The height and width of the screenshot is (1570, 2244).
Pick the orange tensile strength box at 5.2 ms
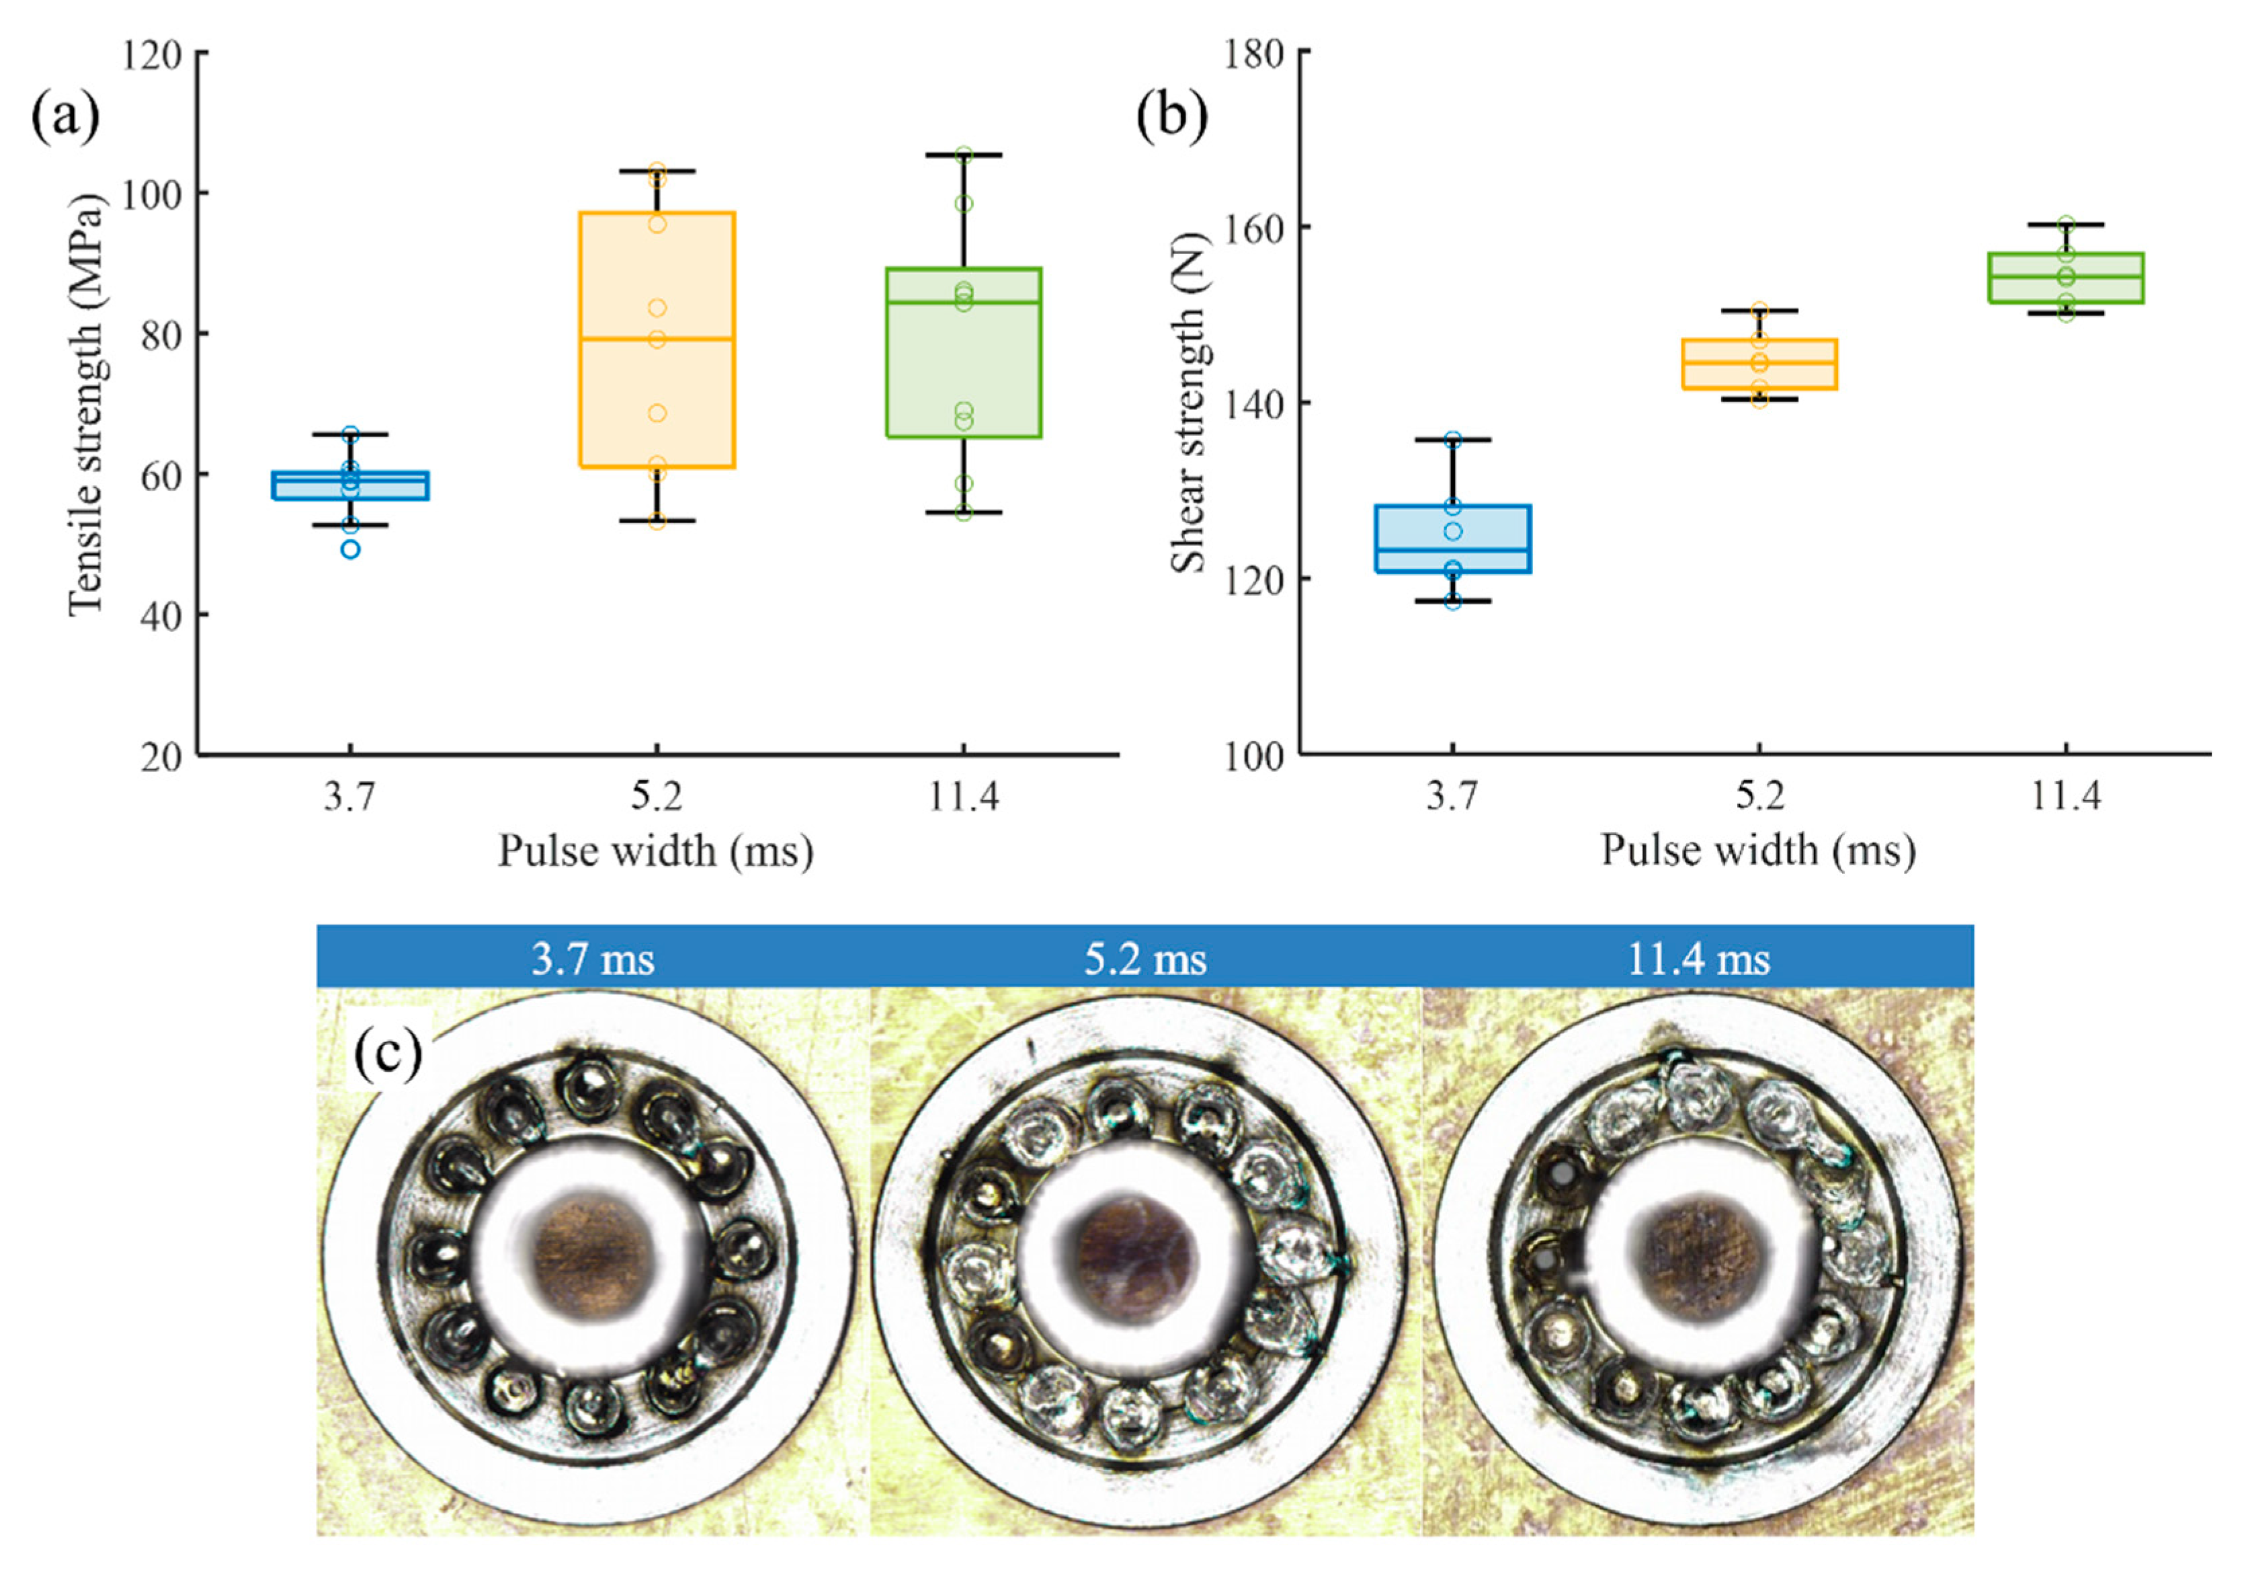click(657, 340)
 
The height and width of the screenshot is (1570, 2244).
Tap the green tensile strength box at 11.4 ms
click(964, 352)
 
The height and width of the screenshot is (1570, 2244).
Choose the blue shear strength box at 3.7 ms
click(1452, 539)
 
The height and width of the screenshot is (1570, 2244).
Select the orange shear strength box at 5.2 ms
click(1759, 364)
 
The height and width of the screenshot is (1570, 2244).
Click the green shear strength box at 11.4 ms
click(2065, 278)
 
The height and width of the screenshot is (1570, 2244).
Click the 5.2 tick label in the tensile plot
click(657, 797)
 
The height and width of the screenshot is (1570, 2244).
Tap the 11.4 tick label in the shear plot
click(2065, 797)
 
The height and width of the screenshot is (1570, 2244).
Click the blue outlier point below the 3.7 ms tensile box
click(350, 549)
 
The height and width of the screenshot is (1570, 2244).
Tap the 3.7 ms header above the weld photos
click(593, 959)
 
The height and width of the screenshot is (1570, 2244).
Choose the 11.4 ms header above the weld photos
click(1699, 959)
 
